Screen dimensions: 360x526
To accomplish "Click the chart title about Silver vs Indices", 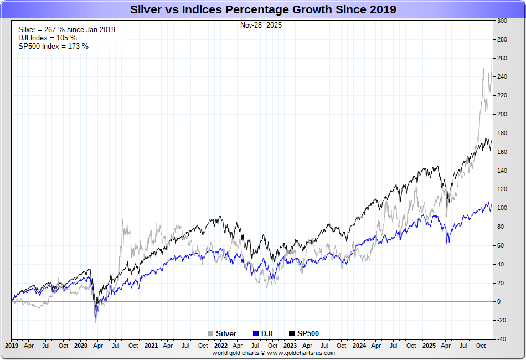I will point(263,9).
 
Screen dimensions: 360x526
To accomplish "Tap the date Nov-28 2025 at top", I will point(261,25).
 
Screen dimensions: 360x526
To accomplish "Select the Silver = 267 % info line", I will point(66,29).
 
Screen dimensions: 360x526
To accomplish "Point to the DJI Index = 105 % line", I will point(48,38).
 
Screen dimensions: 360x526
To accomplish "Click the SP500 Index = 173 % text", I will point(53,46).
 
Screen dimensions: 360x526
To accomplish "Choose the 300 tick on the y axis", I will point(502,20).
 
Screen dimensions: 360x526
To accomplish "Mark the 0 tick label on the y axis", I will point(499,302).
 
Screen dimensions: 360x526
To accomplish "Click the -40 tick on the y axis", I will point(502,339).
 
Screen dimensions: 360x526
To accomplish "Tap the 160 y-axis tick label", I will point(502,152).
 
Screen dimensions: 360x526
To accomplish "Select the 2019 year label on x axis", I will point(12,346).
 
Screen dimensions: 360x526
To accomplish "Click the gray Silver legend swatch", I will point(210,333).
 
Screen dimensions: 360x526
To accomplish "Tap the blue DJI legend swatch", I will point(256,333).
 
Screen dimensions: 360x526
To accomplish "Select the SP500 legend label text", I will point(308,333).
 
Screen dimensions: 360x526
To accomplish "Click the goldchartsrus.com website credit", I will point(274,353).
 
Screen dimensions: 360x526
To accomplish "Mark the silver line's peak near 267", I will point(492,52).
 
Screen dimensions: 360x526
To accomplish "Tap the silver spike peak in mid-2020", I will point(122,219).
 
